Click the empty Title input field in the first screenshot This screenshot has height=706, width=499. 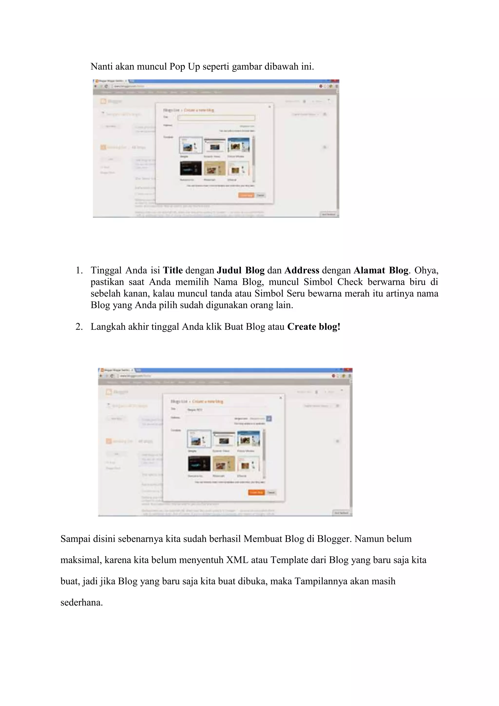click(x=216, y=118)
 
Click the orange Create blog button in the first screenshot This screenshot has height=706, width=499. click(x=246, y=195)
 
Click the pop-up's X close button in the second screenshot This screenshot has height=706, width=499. click(x=280, y=398)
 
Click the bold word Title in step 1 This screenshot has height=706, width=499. click(x=173, y=271)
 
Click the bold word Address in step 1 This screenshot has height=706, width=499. click(x=301, y=271)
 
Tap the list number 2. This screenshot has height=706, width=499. click(x=79, y=327)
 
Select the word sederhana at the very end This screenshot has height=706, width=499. click(x=81, y=603)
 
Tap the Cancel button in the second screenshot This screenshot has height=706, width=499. click(x=271, y=492)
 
